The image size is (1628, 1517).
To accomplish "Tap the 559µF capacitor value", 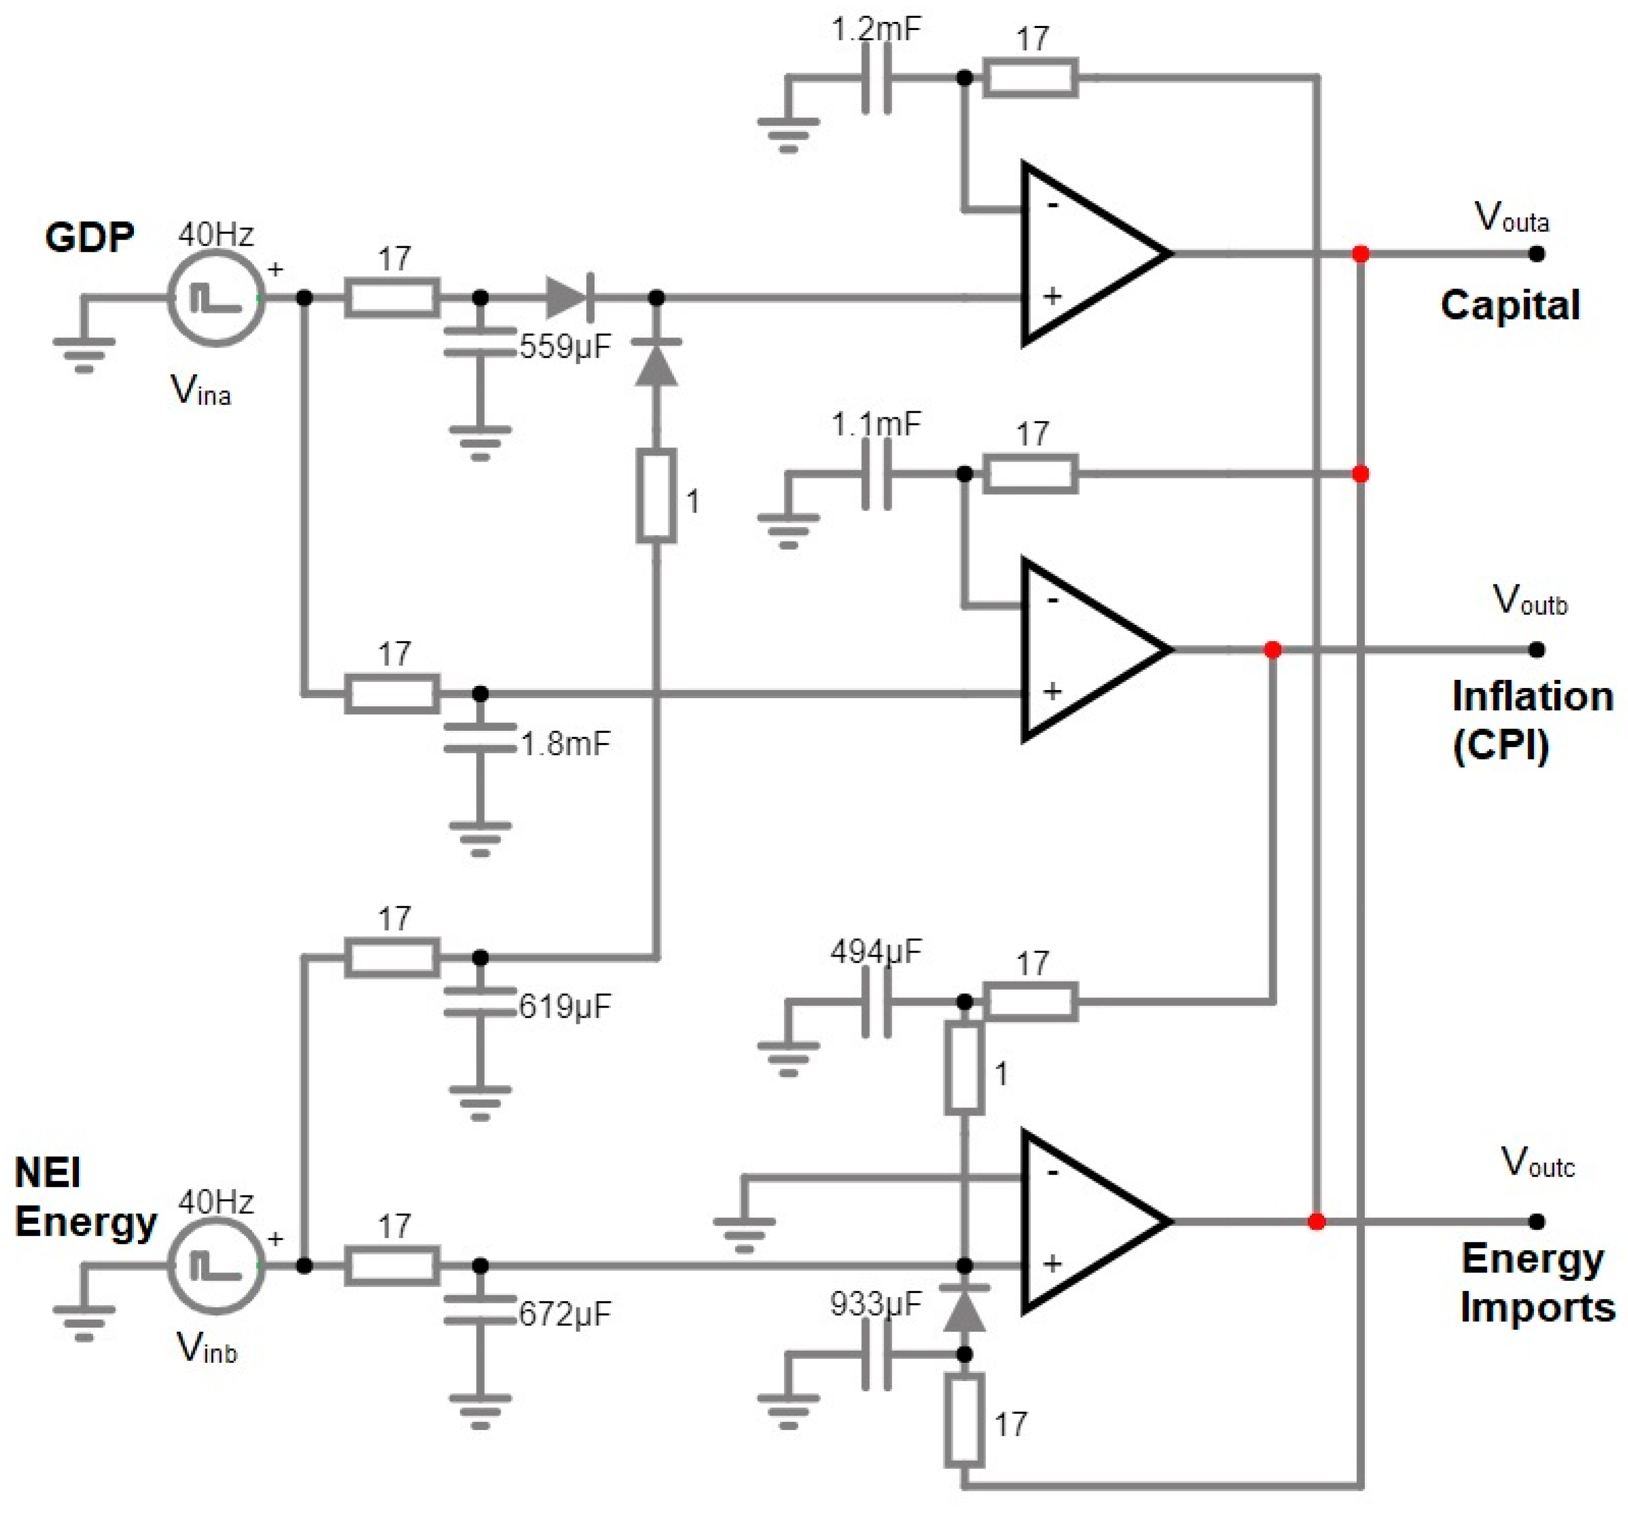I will point(565,347).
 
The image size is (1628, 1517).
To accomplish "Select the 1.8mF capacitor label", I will point(565,743).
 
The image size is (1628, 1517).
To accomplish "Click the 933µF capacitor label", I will point(876,1303).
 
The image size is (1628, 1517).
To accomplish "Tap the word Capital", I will point(1509,305).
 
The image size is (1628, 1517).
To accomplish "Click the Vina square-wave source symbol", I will point(216,299).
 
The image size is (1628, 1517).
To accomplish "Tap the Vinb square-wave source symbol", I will point(216,1266).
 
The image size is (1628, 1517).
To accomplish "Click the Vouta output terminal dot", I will point(1537,254).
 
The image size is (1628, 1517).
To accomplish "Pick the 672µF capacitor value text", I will point(565,1314).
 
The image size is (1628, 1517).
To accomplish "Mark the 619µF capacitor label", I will point(565,1006).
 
